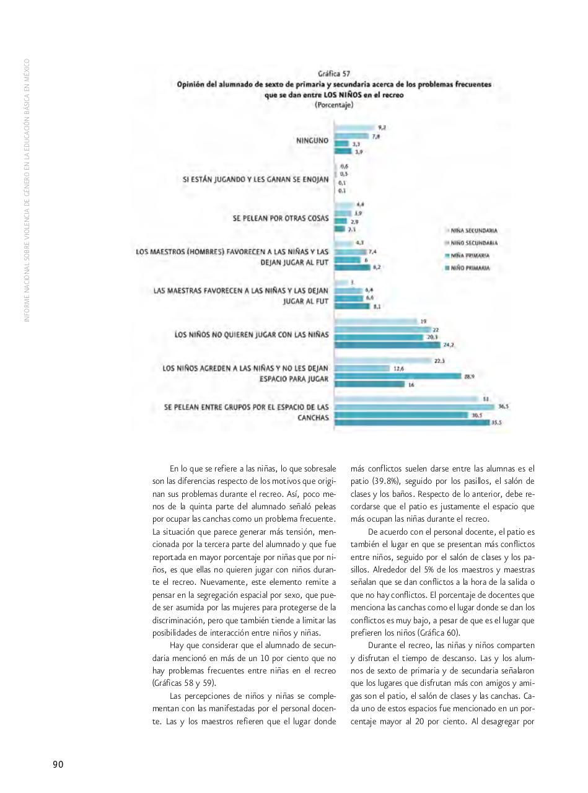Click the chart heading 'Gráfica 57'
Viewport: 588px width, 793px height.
[x=334, y=74]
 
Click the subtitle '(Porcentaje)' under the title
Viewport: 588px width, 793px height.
[x=334, y=105]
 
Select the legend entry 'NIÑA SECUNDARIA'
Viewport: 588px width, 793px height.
[x=475, y=230]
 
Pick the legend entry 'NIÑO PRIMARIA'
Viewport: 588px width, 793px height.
[x=472, y=268]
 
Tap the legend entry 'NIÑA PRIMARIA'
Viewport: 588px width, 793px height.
[x=472, y=256]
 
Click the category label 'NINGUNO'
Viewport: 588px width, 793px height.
[x=312, y=141]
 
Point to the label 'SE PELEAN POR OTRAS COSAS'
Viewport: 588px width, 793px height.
[x=281, y=218]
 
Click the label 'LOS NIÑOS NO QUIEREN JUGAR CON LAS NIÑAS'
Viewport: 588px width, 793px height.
[x=252, y=335]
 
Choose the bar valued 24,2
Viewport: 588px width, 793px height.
[x=387, y=345]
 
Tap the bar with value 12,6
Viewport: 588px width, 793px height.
[x=362, y=369]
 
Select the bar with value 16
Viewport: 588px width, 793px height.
[x=369, y=384]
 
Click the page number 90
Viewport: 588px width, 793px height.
[x=58, y=764]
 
